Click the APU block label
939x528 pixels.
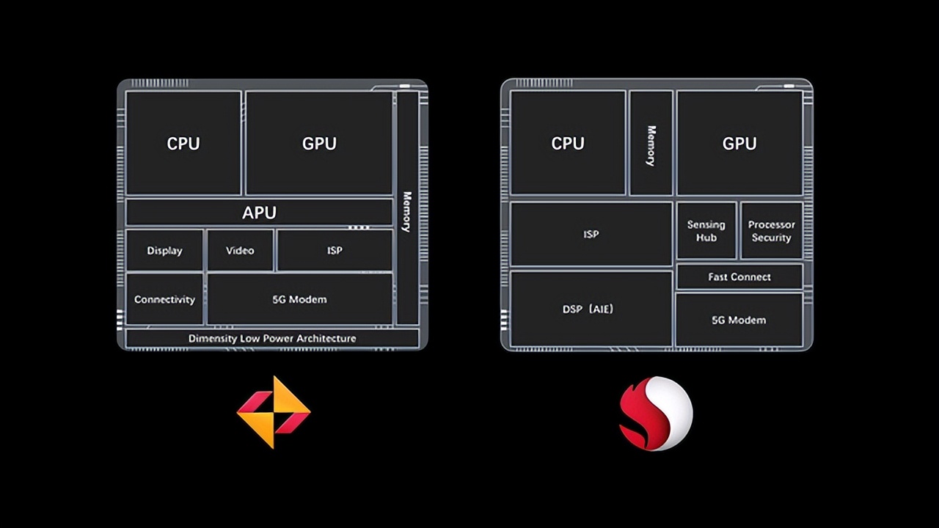click(259, 213)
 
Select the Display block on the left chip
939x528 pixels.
click(164, 250)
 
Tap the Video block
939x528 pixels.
click(240, 250)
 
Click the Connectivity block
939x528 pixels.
click(164, 299)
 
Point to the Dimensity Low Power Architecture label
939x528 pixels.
click(272, 338)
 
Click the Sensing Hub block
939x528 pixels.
click(706, 231)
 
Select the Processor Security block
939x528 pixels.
click(771, 231)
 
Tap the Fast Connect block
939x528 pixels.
click(739, 276)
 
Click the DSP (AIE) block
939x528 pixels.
click(591, 309)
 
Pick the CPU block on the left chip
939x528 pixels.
click(183, 143)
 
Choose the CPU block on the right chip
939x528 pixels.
click(568, 143)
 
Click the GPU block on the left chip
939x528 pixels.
click(319, 143)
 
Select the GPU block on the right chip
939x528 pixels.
click(739, 143)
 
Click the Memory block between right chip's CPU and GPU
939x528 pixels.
click(651, 144)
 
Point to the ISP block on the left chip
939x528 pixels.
click(335, 250)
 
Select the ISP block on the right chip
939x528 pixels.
click(591, 235)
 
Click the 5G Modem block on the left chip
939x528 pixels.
click(299, 299)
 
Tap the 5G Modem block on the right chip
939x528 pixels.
click(739, 320)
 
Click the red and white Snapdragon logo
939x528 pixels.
click(655, 413)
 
